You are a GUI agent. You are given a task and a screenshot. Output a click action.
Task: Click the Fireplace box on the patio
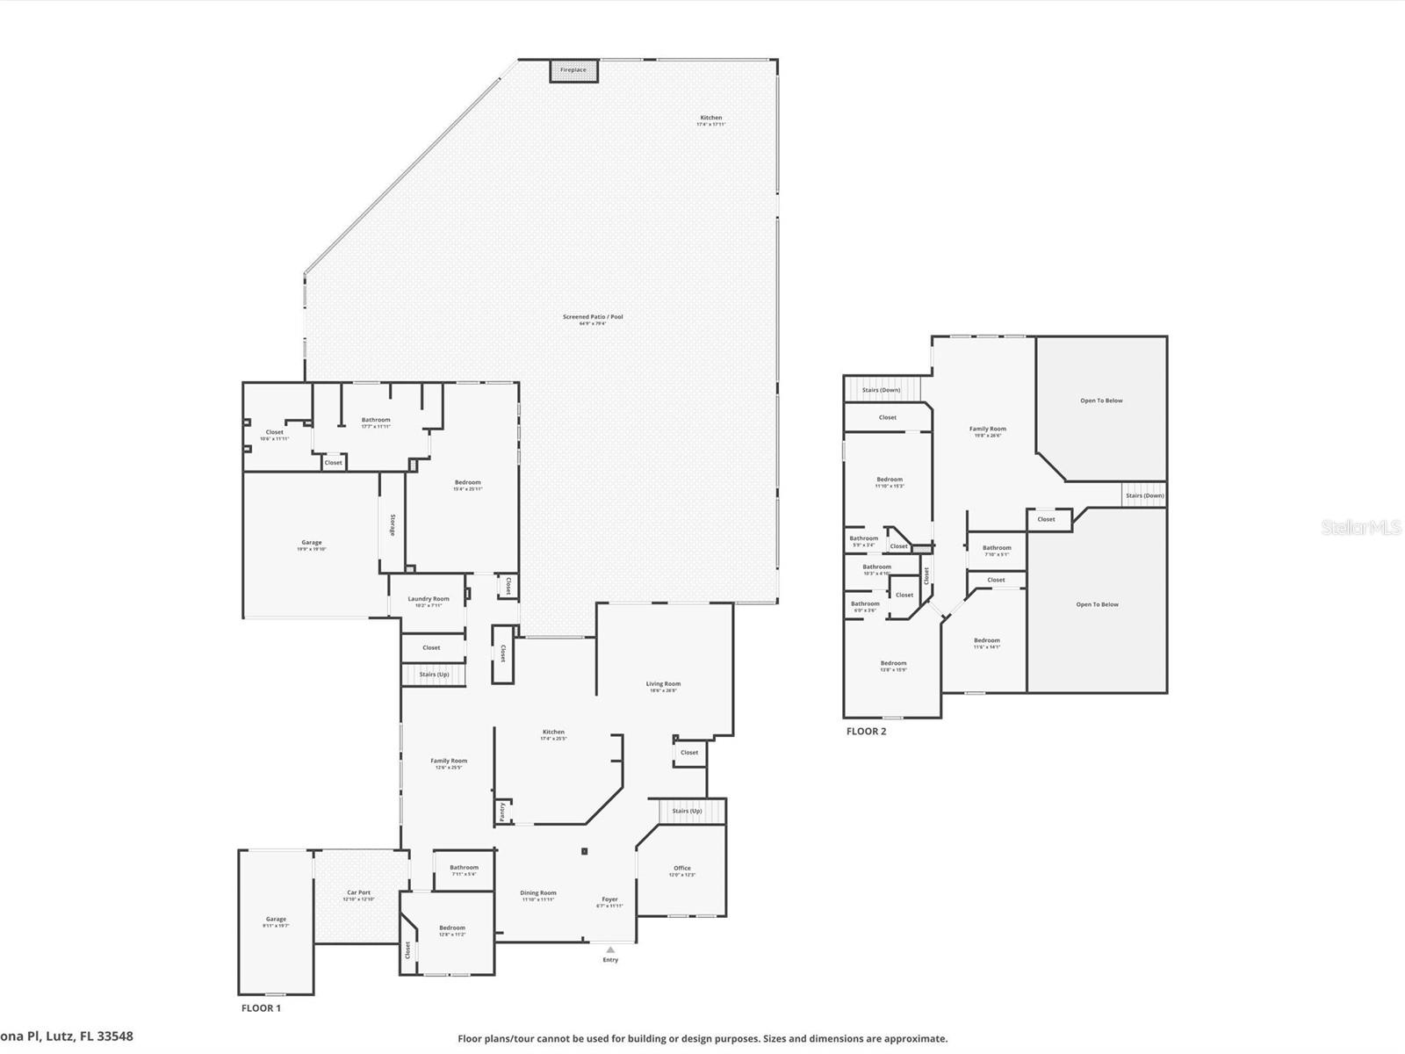pos(573,70)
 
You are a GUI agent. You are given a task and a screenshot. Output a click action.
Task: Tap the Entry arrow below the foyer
pos(610,950)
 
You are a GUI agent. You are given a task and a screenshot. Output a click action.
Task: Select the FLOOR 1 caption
pos(261,1008)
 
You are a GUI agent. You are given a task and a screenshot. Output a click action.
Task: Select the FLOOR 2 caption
pos(866,731)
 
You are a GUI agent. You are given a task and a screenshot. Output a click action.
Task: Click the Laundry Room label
pos(429,599)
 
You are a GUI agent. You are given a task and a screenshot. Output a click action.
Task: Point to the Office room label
pos(682,868)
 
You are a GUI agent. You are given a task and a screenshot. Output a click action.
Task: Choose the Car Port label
pos(358,892)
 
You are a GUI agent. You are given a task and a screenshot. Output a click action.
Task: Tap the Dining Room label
pos(537,892)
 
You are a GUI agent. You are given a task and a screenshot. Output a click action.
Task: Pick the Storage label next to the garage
pos(393,524)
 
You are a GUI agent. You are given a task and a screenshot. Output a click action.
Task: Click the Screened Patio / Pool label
pos(593,317)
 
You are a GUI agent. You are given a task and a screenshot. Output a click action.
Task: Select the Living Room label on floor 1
pos(663,683)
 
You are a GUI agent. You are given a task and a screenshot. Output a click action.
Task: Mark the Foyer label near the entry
pos(609,899)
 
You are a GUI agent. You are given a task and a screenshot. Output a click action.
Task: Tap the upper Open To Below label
pos(1101,401)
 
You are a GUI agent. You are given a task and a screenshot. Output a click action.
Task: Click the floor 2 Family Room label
pos(988,430)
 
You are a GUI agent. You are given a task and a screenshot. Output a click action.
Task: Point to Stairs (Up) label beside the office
pos(687,811)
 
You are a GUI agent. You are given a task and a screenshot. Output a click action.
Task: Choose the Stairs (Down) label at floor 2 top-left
pos(881,390)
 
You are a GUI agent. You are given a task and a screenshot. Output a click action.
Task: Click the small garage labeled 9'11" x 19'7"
pos(276,920)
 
